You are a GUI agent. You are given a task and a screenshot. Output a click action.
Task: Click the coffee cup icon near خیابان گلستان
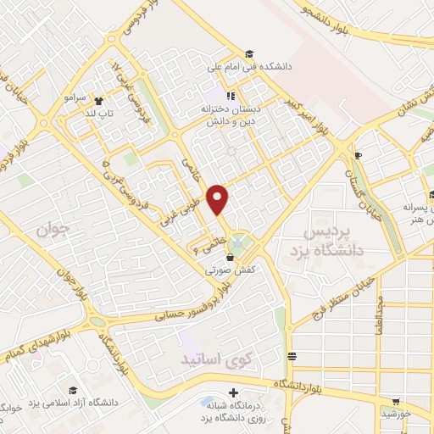[x=358, y=155]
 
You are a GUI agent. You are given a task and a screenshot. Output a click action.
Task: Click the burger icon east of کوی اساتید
[x=292, y=356]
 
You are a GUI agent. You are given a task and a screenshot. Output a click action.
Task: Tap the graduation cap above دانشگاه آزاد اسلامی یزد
[x=73, y=389]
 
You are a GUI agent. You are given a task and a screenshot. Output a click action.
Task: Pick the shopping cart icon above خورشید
[x=397, y=402]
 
